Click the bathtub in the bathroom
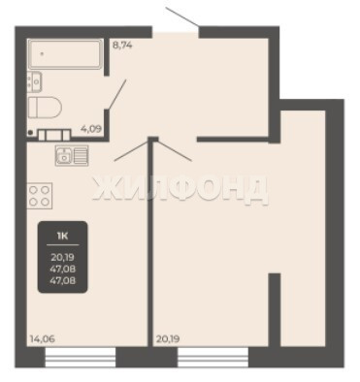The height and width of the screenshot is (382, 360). pos(65,54)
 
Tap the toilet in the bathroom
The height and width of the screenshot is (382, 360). pos(45,107)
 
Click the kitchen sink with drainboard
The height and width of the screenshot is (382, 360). pos(72,155)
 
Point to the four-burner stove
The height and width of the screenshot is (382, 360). pos(40,196)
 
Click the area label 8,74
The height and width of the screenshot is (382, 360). pos(122,45)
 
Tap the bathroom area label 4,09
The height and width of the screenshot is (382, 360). pos(91,129)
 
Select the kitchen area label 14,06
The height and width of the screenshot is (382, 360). pos(43,339)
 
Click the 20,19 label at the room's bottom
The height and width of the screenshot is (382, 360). pos(168,339)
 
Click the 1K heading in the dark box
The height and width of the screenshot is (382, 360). pos(62,237)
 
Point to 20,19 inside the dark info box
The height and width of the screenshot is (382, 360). pos(63,258)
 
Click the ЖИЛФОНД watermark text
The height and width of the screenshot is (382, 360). pos(180,191)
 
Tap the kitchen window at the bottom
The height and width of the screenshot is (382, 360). pos(81,357)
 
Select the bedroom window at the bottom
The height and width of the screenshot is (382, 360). pos(213,357)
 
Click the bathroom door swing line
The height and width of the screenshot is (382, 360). pos(116,95)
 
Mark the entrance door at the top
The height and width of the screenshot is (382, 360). pos(182,16)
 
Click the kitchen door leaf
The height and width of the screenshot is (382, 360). pos(132,150)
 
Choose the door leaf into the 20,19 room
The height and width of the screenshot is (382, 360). pos(174,150)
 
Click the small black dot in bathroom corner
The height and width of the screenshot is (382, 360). pos(30,132)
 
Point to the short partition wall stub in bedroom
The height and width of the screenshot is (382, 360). pos(275,309)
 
